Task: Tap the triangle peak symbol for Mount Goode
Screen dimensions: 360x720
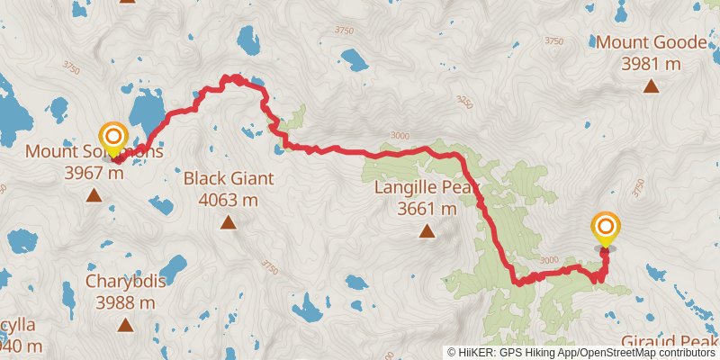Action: coord(650,86)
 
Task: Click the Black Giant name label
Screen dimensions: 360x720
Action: coord(229,178)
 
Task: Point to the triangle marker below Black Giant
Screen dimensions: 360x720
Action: coord(229,222)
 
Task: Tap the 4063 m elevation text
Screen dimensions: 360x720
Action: coord(229,199)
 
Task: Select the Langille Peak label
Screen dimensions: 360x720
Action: coord(427,188)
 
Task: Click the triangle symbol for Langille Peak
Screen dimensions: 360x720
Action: coord(427,232)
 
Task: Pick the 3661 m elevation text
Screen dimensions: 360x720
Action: coord(427,209)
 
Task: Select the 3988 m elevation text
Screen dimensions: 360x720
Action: coord(124,301)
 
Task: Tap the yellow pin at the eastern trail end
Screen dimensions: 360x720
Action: coord(605,227)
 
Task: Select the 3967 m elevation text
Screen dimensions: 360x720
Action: coord(94,173)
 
